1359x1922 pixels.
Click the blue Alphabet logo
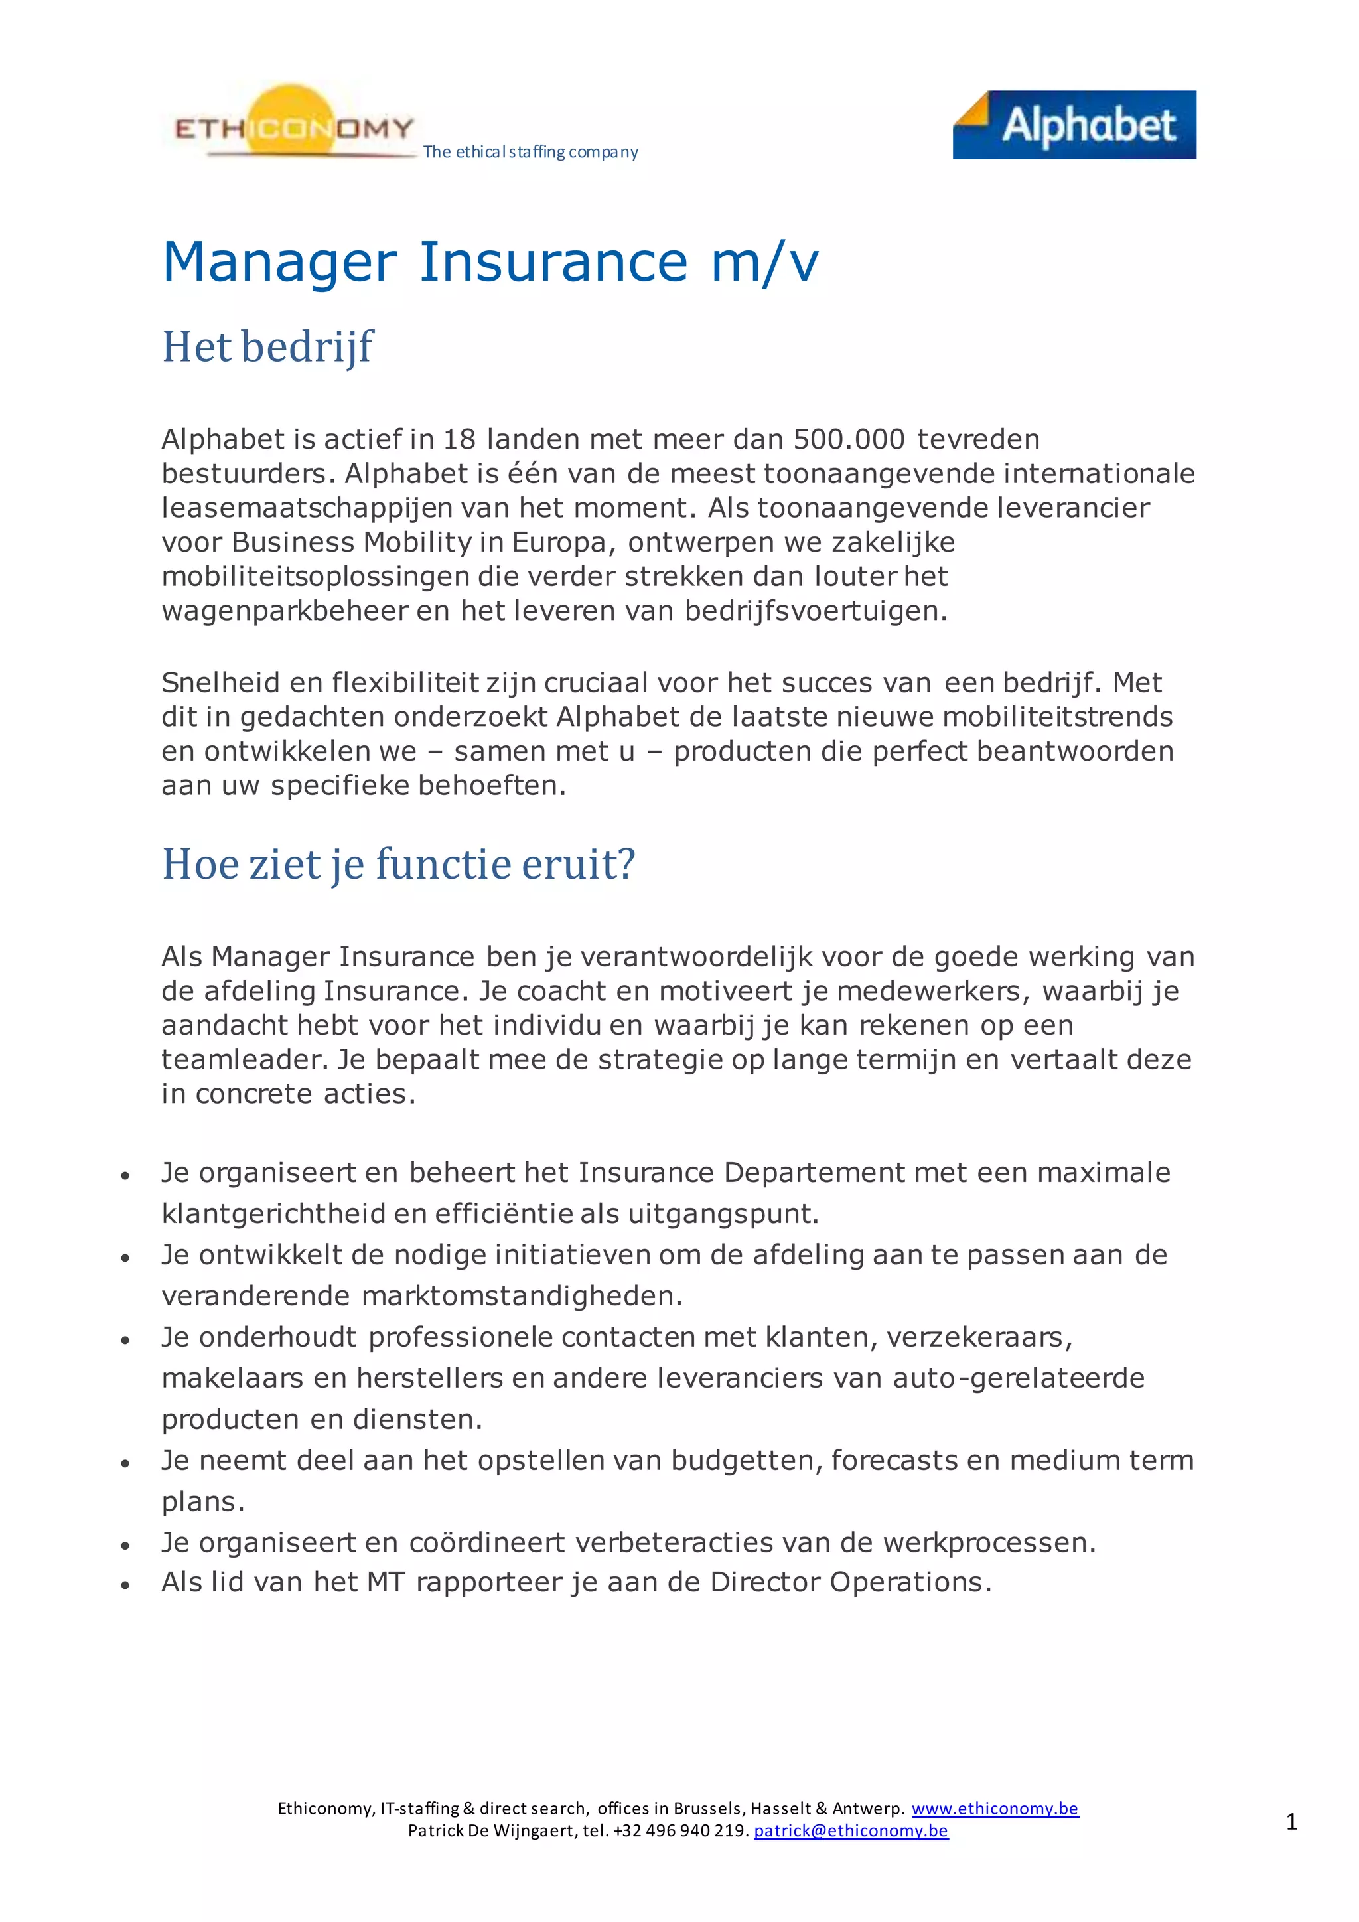(x=1074, y=125)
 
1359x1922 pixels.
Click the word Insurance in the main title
(x=553, y=262)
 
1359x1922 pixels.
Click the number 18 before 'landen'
(x=459, y=439)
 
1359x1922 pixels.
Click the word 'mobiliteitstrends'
(x=1058, y=717)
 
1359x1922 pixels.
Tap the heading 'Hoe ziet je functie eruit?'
(x=398, y=864)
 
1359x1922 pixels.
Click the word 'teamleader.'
(x=245, y=1060)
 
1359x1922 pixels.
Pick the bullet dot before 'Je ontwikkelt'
(x=125, y=1258)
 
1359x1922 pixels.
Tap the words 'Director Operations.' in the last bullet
(x=850, y=1582)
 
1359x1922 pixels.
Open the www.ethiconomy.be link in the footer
(x=994, y=1808)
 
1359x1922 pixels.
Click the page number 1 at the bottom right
(x=1291, y=1822)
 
